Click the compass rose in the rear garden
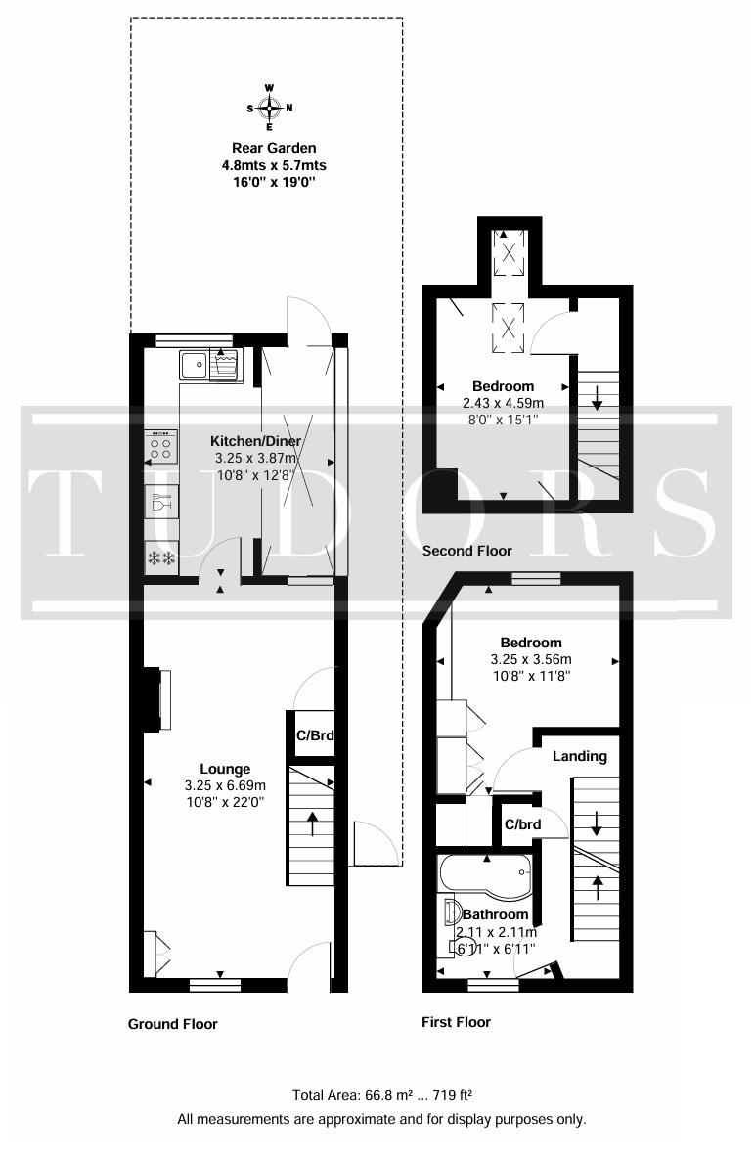pyautogui.click(x=270, y=108)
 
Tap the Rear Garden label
pyautogui.click(x=274, y=148)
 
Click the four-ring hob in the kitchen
pyautogui.click(x=161, y=448)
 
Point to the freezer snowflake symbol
pyautogui.click(x=161, y=558)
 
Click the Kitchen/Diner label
pyautogui.click(x=256, y=441)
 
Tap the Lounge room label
pyautogui.click(x=226, y=769)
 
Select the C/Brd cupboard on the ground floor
pyautogui.click(x=315, y=734)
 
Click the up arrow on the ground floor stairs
pyautogui.click(x=312, y=824)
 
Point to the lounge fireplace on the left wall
pyautogui.click(x=157, y=699)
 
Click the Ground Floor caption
pyautogui.click(x=173, y=1023)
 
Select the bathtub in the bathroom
pyautogui.click(x=484, y=877)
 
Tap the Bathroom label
pyautogui.click(x=495, y=914)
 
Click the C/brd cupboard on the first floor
pyautogui.click(x=522, y=823)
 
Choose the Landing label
pyautogui.click(x=580, y=756)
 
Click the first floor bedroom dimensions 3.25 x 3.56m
pyautogui.click(x=531, y=660)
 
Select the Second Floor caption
pyautogui.click(x=467, y=550)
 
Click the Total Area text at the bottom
pyautogui.click(x=382, y=1095)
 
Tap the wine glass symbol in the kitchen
pyautogui.click(x=161, y=503)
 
